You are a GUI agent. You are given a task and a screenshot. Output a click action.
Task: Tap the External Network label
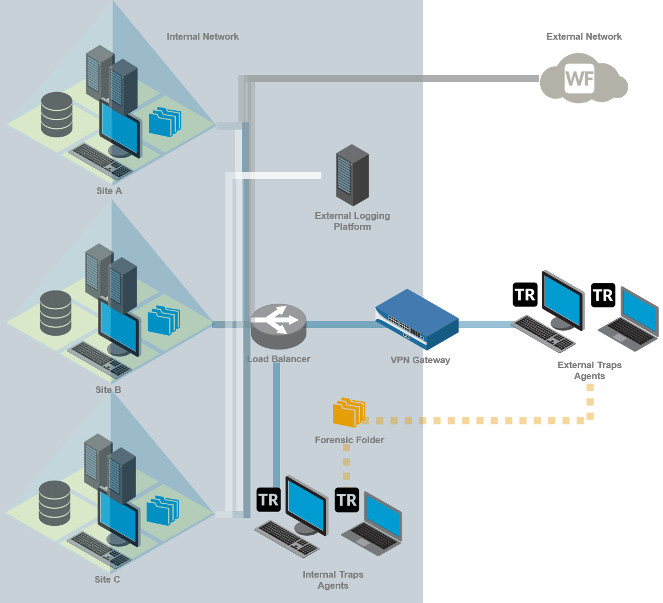click(x=584, y=36)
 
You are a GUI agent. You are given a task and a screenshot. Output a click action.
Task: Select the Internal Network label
click(x=202, y=36)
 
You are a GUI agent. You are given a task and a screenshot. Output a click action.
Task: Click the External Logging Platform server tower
click(x=352, y=175)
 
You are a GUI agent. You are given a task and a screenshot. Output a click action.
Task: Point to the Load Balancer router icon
click(x=278, y=326)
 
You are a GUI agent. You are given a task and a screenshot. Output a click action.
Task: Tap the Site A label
click(x=109, y=191)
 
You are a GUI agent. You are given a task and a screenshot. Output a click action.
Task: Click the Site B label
click(x=108, y=390)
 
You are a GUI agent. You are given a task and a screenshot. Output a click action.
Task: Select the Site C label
click(x=107, y=579)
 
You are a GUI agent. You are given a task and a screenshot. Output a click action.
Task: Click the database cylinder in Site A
click(x=57, y=115)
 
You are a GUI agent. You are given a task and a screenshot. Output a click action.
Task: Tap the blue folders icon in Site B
click(x=164, y=320)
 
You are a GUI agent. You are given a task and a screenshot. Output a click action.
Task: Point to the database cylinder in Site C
click(x=55, y=503)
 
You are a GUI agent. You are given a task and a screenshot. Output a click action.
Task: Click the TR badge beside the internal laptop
click(x=347, y=500)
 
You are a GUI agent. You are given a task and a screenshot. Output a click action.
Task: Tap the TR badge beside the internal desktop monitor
click(x=268, y=500)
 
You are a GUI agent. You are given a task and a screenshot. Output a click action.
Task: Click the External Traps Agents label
click(x=589, y=370)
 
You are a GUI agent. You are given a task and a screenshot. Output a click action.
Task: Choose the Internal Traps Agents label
click(x=333, y=580)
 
